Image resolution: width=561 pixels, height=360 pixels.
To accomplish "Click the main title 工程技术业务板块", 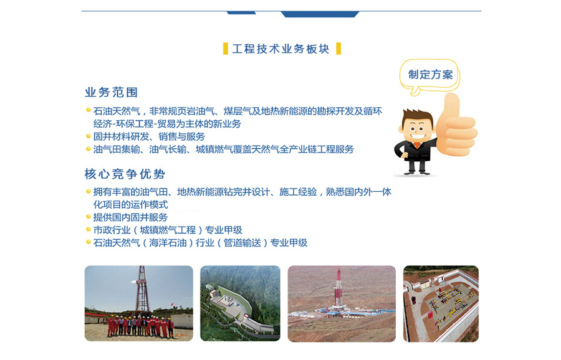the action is (281, 49).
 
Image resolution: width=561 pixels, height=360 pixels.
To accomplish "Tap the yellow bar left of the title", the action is (226, 49).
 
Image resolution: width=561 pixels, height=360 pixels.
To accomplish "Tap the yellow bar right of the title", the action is (338, 49).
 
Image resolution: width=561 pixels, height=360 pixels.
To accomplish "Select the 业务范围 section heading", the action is (112, 92).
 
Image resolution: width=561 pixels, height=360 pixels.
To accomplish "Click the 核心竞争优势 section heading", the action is (125, 174).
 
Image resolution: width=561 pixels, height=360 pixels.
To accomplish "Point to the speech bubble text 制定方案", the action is (430, 75).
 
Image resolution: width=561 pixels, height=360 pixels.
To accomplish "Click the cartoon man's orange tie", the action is (417, 146).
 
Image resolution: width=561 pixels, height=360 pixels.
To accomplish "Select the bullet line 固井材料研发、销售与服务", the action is (149, 136).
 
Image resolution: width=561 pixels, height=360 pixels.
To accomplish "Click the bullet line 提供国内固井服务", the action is (131, 217).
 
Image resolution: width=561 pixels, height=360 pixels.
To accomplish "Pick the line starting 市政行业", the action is (168, 230).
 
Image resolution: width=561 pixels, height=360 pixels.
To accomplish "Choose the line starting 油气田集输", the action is (224, 149).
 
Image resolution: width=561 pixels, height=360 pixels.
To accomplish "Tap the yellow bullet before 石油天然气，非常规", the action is (88, 110).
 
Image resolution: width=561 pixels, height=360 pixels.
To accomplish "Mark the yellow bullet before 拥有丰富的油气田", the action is (88, 191).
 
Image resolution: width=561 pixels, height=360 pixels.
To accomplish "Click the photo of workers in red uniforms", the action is (139, 303).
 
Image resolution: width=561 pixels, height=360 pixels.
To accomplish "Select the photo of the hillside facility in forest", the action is (241, 303).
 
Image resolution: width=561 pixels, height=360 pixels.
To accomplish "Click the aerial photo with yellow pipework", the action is (441, 303).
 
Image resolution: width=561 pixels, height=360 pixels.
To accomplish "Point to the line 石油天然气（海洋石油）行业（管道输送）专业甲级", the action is (200, 243).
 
